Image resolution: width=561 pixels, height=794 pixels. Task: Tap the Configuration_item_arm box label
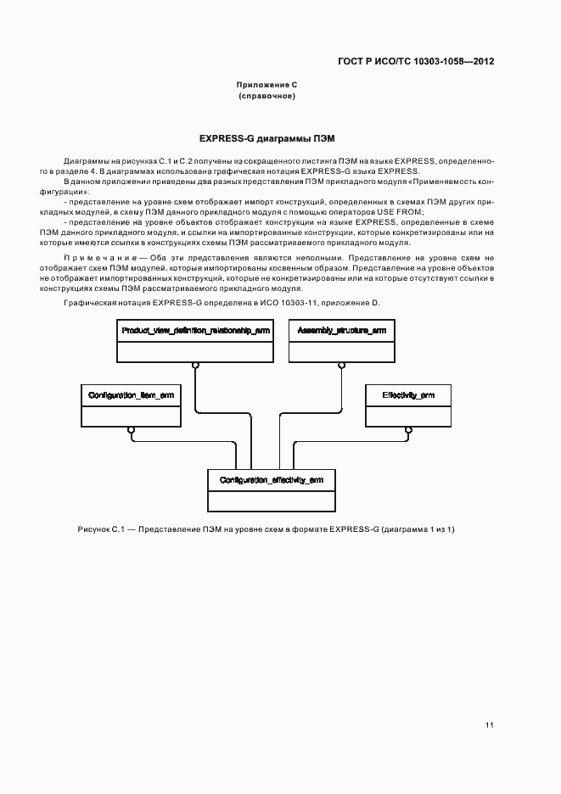click(131, 395)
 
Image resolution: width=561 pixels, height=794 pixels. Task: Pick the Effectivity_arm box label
click(408, 395)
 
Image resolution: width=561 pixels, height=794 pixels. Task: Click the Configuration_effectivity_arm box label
click(271, 480)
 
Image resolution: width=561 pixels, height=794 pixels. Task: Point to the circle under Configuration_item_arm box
click(131, 430)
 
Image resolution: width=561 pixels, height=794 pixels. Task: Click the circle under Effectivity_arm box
click(408, 430)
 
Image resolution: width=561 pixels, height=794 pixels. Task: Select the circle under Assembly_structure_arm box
click(341, 365)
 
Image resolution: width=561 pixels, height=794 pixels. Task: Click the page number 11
click(489, 724)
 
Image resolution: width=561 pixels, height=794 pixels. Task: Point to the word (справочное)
click(266, 97)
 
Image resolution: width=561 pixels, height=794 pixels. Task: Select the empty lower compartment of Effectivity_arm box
click(408, 416)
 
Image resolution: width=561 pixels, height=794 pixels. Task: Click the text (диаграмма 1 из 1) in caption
click(418, 529)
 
